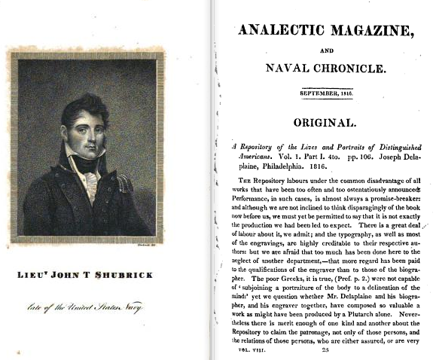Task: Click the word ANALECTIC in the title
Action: point(285,32)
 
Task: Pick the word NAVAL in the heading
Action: point(285,69)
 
